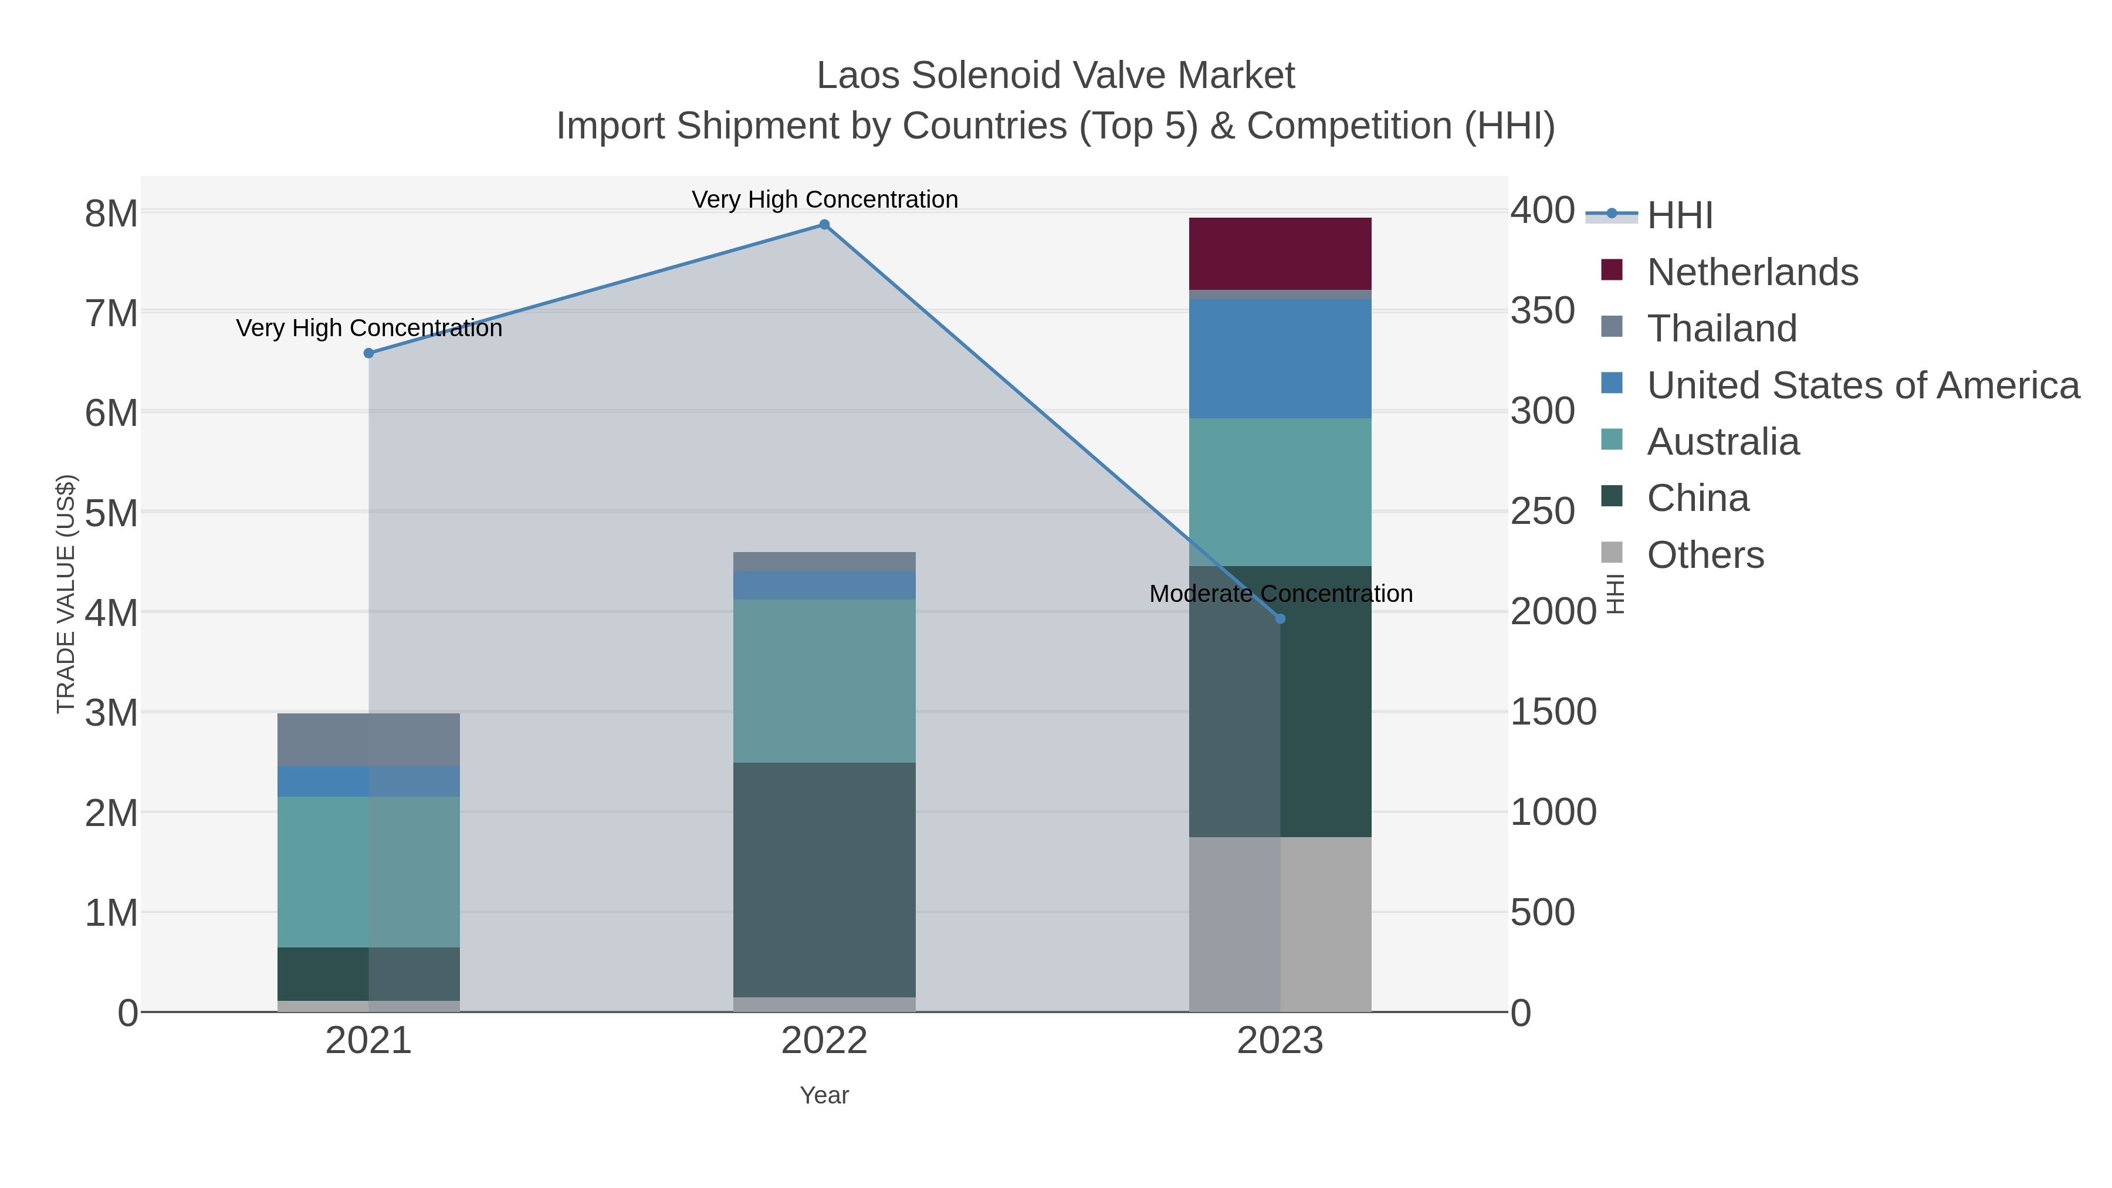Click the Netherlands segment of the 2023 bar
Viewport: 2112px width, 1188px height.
(x=1280, y=253)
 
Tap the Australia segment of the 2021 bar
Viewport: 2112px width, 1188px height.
(x=368, y=872)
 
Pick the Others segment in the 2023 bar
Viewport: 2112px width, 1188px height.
(x=1280, y=924)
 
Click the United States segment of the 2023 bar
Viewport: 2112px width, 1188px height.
(x=1280, y=358)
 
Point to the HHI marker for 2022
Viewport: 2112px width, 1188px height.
(x=824, y=225)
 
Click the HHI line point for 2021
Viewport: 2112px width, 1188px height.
(x=368, y=353)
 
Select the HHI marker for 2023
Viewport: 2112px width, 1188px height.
(x=1280, y=619)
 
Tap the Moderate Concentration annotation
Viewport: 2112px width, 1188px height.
(x=1281, y=594)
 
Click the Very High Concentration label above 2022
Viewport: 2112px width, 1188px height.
(x=824, y=199)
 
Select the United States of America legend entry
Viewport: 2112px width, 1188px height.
(x=1863, y=385)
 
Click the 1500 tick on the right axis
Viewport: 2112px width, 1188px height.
(x=1553, y=712)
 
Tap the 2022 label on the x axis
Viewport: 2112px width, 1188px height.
(x=824, y=1041)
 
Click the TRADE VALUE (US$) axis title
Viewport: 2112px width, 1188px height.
(x=66, y=594)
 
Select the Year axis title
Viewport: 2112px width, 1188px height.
(x=824, y=1095)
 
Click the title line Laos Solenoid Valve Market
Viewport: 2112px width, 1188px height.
(x=1055, y=76)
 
